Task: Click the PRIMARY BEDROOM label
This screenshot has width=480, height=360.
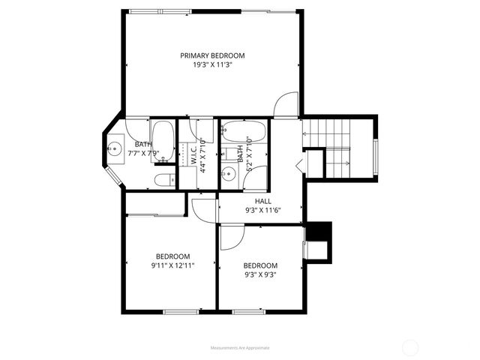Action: pyautogui.click(x=212, y=55)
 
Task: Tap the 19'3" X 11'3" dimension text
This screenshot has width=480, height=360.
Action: pyautogui.click(x=212, y=65)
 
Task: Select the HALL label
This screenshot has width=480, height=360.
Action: pyautogui.click(x=262, y=201)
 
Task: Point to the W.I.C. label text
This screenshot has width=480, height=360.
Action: pyautogui.click(x=193, y=154)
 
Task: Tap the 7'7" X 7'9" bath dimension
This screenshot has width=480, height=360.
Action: pyautogui.click(x=142, y=153)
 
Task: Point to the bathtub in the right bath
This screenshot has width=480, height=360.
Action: pyautogui.click(x=244, y=132)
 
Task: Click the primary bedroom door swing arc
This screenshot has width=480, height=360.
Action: pyautogui.click(x=285, y=104)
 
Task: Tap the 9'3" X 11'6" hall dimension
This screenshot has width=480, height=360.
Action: pyautogui.click(x=262, y=211)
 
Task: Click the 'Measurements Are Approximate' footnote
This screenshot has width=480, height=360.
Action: pyautogui.click(x=240, y=348)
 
